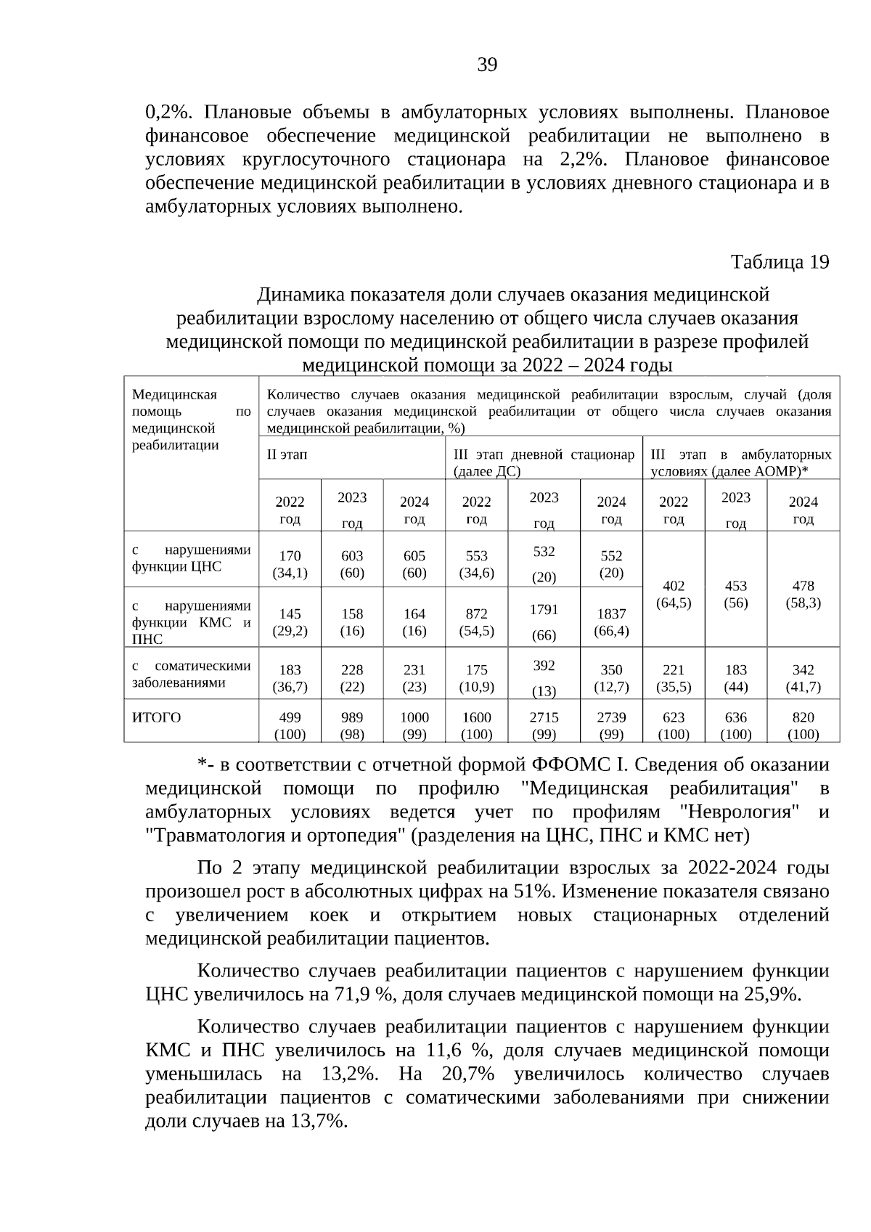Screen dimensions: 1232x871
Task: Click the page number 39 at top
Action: [487, 65]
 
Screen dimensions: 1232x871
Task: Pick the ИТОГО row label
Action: [157, 717]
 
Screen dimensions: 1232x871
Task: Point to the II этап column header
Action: [287, 454]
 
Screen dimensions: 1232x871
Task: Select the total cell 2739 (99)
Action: [611, 725]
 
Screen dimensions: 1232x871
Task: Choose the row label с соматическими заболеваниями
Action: [191, 674]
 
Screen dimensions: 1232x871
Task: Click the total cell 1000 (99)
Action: [414, 725]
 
